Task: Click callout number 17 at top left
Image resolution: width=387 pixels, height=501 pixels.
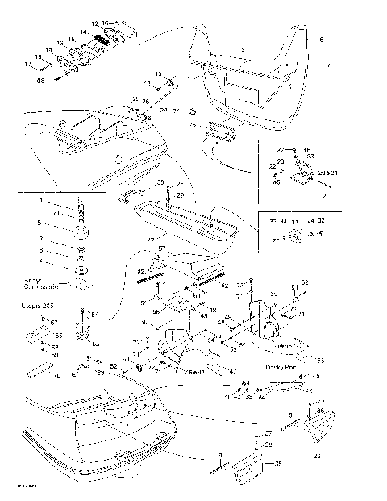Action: coord(27,64)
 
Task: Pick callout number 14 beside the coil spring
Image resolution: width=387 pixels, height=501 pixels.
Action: coord(83,31)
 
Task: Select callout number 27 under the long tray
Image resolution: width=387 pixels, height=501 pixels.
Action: coord(150,240)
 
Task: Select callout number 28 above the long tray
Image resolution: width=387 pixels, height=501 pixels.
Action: coord(181,185)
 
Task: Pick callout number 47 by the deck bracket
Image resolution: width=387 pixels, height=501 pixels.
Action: coord(233,369)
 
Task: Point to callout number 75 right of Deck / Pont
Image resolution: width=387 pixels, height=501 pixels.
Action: coord(315,374)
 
